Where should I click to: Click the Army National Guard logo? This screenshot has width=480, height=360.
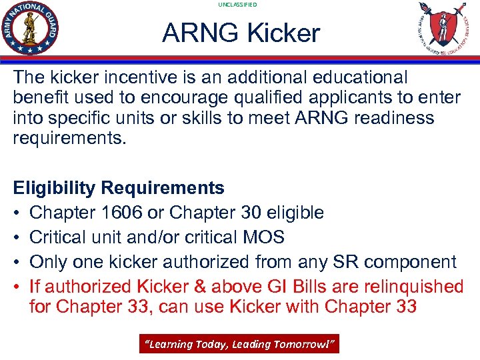30,29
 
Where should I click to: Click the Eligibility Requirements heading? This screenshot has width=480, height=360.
119,188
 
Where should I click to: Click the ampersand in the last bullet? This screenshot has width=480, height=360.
200,287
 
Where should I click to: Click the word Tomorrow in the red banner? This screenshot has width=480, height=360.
310,344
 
